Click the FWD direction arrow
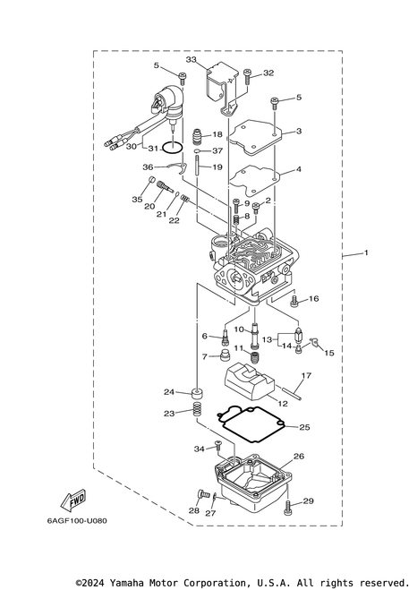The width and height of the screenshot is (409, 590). (x=73, y=500)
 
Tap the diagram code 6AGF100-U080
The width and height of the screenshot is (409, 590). (x=77, y=521)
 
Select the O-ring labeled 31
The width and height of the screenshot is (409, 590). (x=173, y=148)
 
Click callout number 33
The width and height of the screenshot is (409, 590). (x=192, y=59)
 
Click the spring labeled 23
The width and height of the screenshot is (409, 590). (x=196, y=409)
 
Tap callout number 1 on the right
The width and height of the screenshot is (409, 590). (x=366, y=252)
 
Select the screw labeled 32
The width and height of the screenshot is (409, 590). (x=247, y=77)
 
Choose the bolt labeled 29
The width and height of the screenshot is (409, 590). (x=288, y=507)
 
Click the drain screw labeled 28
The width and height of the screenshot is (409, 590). (x=204, y=493)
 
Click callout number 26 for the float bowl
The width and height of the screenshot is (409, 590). (x=298, y=457)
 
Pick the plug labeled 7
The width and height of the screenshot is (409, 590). (x=226, y=355)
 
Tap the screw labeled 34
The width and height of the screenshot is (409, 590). (x=218, y=446)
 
